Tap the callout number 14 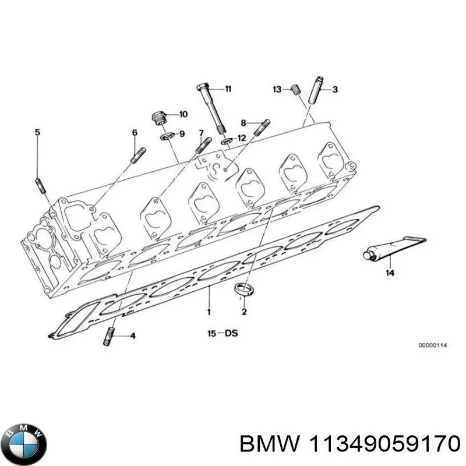(389, 273)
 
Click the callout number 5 (38, 132)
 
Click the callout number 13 (277, 89)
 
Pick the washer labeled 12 (226, 140)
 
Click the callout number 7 (201, 133)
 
